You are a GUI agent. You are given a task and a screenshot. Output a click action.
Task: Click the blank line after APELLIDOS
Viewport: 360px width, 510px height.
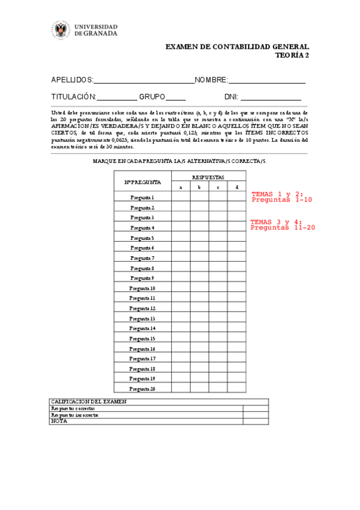pos(144,81)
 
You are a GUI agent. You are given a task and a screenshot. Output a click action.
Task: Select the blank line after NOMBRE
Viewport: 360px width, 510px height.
pos(267,81)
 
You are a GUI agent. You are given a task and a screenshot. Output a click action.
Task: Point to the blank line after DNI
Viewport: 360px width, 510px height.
pos(271,97)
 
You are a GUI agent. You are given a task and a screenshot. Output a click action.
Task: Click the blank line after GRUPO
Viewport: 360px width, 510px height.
pos(175,97)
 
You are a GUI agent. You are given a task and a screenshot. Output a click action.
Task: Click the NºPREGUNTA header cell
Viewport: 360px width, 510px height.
pos(143,182)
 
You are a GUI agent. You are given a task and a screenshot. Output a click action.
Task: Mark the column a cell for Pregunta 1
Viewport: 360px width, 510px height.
pos(181,197)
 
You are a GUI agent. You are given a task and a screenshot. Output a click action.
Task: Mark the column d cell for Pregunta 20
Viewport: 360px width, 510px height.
pos(237,389)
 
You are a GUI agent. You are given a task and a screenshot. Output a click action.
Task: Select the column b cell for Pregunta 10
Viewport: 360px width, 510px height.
pos(200,287)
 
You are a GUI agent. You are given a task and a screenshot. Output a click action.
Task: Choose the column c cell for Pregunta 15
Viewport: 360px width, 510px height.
pos(218,338)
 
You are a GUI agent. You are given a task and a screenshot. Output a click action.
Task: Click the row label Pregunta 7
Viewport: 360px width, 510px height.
pos(143,257)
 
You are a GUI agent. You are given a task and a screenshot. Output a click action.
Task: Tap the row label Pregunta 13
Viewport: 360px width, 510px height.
pos(143,318)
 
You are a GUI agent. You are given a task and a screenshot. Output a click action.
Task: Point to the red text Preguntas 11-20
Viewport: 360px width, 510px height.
pos(282,228)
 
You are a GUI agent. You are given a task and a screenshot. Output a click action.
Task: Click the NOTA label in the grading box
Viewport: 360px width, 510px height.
pos(59,421)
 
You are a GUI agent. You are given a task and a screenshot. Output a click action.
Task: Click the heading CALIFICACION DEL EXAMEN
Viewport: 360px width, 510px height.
pos(89,401)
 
